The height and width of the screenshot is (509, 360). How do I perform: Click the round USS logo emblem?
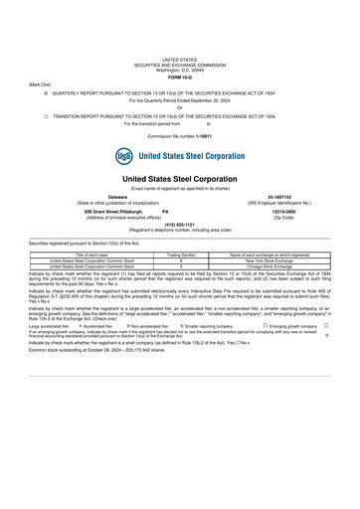tap(123, 156)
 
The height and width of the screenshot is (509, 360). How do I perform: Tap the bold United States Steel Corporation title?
tap(179, 178)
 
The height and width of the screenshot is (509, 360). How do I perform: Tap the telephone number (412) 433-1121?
tap(179, 225)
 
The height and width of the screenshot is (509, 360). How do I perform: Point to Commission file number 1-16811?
tap(179, 135)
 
